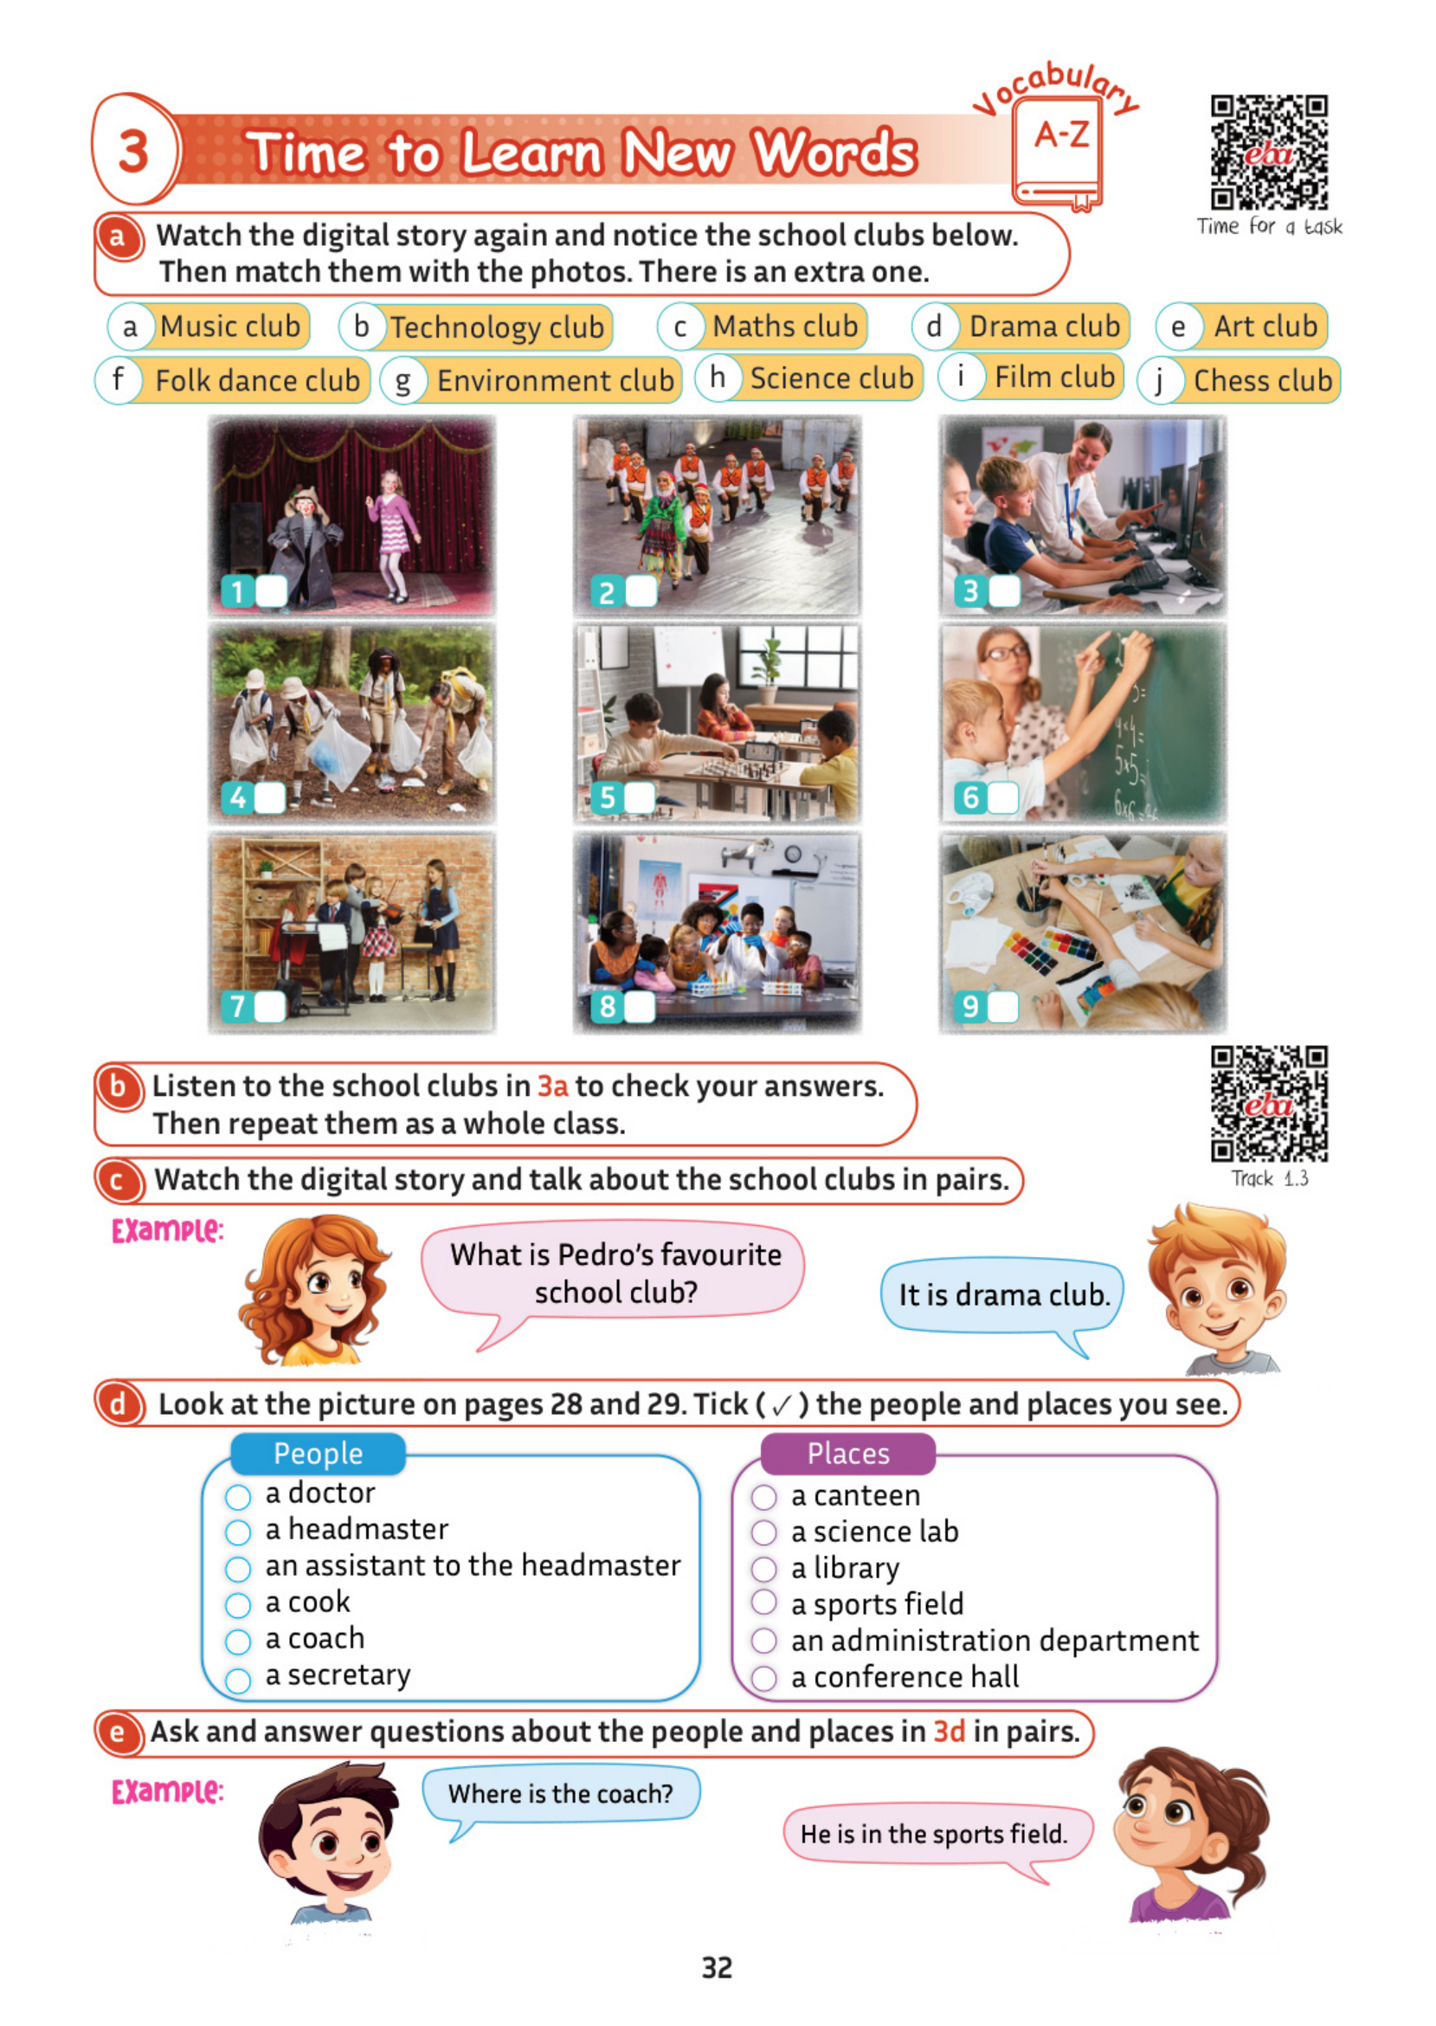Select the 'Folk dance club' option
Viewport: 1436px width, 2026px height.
pyautogui.click(x=256, y=381)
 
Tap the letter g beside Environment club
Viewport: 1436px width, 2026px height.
pyautogui.click(x=403, y=382)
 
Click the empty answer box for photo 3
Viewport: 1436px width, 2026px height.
pyautogui.click(x=1004, y=590)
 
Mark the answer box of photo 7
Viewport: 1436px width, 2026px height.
pyautogui.click(x=270, y=1006)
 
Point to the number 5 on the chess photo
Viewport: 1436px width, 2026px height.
pyautogui.click(x=608, y=797)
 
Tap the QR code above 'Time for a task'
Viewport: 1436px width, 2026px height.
pyautogui.click(x=1269, y=152)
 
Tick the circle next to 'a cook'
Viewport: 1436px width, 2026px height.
pyautogui.click(x=238, y=1605)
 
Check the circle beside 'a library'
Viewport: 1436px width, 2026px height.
pyautogui.click(x=764, y=1569)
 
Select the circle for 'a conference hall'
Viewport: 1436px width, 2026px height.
pyautogui.click(x=764, y=1678)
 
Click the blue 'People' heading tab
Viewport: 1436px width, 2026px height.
pyautogui.click(x=318, y=1454)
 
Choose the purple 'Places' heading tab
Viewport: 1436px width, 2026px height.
pyautogui.click(x=848, y=1454)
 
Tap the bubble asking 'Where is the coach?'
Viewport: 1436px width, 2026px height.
pyautogui.click(x=561, y=1793)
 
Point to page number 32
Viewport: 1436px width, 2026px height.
pyautogui.click(x=717, y=1968)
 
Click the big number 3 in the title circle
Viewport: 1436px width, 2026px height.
pyautogui.click(x=133, y=152)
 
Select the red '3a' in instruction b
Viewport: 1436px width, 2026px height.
pyautogui.click(x=552, y=1086)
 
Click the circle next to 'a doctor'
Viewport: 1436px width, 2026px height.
pyautogui.click(x=238, y=1497)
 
